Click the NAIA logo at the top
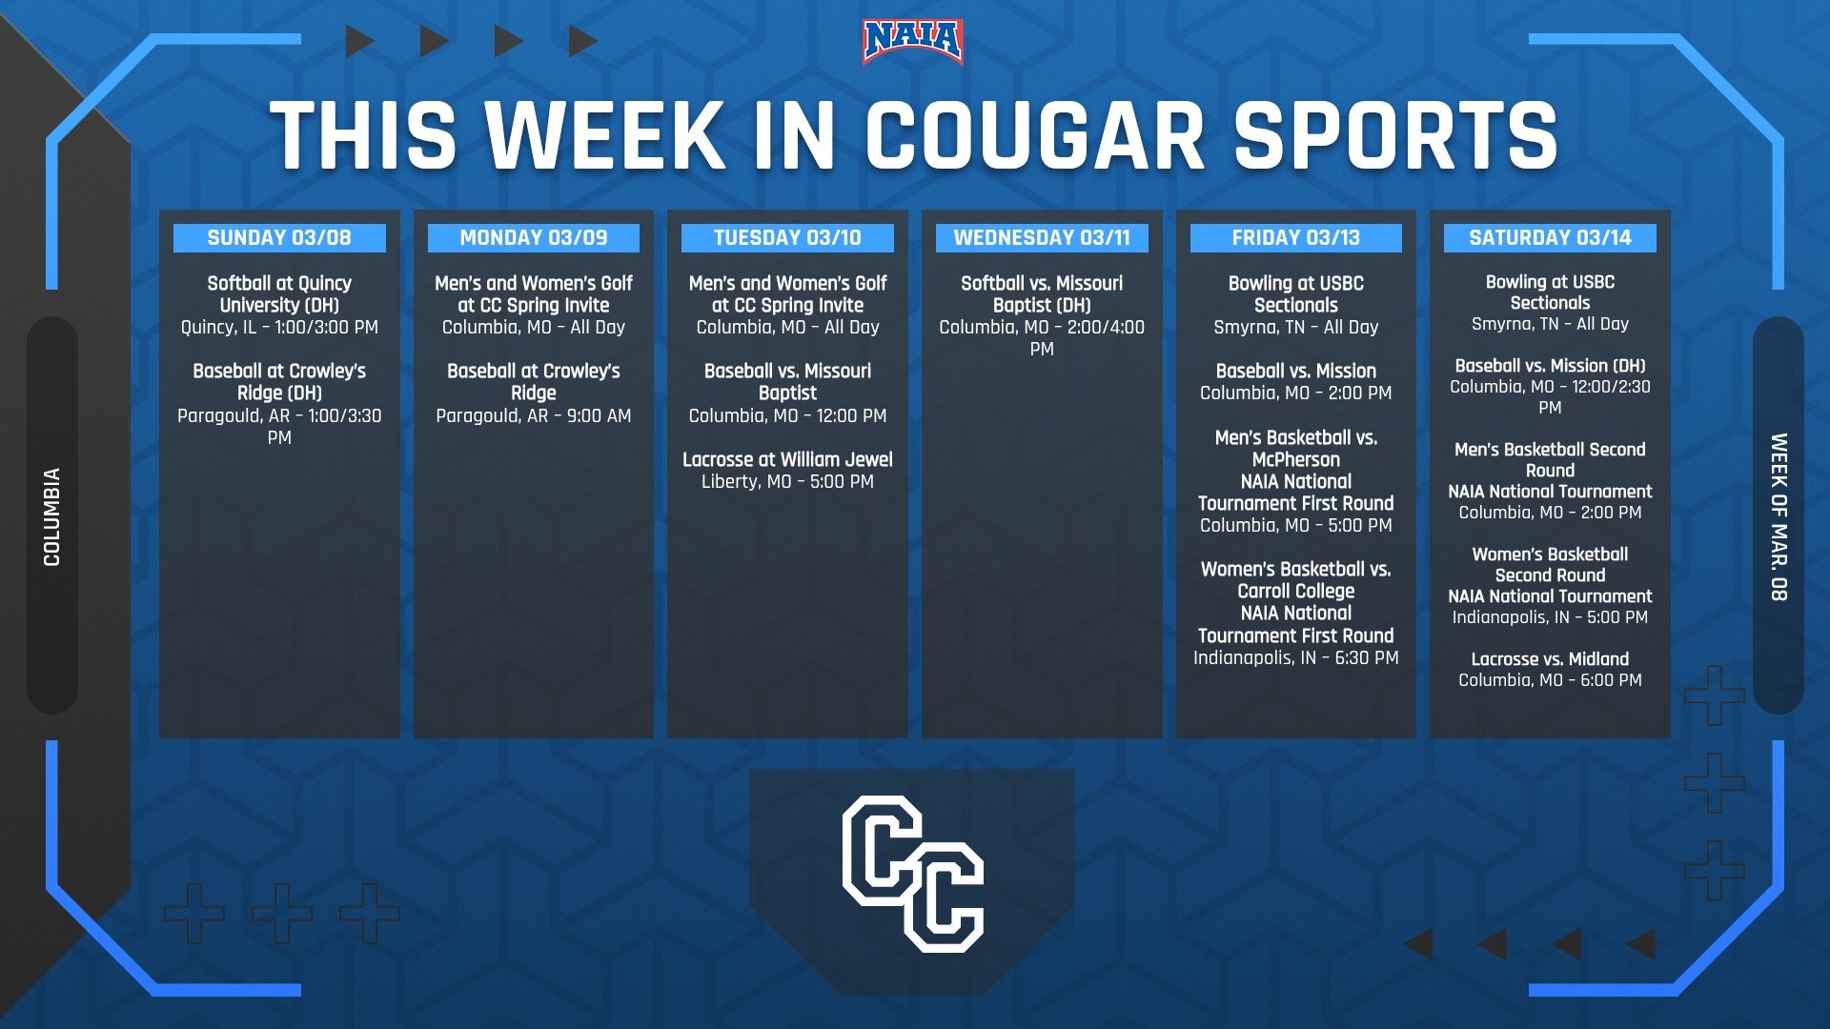pos(912,42)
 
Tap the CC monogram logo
pos(912,874)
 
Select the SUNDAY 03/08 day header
pos(279,238)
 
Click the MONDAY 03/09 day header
pos(534,238)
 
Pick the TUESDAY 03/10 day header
pos(787,238)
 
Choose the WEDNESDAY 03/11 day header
pos(1042,238)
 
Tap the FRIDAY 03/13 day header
pos(1296,238)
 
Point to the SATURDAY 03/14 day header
pos(1550,238)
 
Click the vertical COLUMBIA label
pos(52,516)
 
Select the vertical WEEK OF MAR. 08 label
pos(1779,516)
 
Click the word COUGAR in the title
pos(1035,135)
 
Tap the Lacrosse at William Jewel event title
pos(787,459)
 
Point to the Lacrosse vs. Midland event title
pos(1550,658)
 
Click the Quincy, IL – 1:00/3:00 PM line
pos(279,327)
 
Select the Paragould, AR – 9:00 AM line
pos(534,415)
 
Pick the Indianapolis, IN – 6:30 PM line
pos(1296,657)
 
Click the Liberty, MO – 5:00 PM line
pos(787,481)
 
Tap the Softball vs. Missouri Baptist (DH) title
pos(1042,293)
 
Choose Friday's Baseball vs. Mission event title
pos(1296,371)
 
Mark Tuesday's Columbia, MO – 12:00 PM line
pos(787,415)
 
